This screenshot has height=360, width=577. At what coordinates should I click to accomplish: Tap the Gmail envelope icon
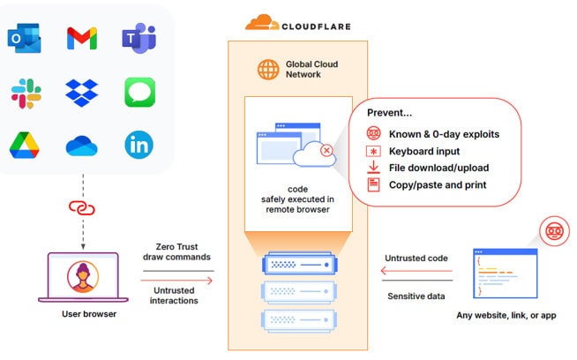(x=81, y=38)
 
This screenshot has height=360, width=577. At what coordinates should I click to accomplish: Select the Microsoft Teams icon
(x=139, y=38)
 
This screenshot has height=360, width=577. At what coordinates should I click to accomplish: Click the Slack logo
(x=24, y=92)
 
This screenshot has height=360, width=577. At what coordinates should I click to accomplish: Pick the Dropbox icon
(x=81, y=92)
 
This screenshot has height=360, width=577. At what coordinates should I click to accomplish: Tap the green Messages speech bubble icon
(x=139, y=92)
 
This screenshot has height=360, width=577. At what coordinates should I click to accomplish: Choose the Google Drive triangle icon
(x=24, y=145)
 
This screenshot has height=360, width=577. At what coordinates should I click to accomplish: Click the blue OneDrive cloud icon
(x=81, y=145)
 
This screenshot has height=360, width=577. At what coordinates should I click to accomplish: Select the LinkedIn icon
(x=139, y=145)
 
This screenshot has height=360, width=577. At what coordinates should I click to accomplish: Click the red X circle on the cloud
(x=327, y=151)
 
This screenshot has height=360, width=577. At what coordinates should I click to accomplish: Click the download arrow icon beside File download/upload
(x=373, y=168)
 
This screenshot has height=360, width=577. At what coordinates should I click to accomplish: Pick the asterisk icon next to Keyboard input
(x=373, y=151)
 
